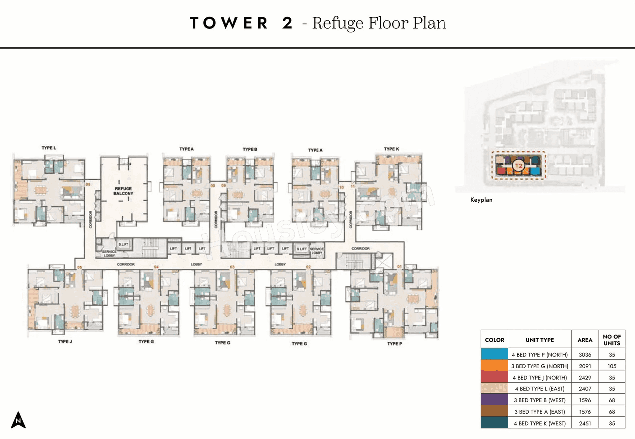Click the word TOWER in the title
(229, 23)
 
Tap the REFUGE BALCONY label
(124, 191)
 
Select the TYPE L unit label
(49, 148)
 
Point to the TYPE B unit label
(250, 149)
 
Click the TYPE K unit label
(391, 149)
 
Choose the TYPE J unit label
(65, 342)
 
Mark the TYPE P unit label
(394, 343)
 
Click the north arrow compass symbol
(18, 420)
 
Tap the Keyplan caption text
(481, 200)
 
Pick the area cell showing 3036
(585, 355)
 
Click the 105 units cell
(612, 366)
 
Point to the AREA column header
(585, 340)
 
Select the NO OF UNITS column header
(612, 340)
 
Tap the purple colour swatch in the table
(494, 400)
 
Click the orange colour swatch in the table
(494, 366)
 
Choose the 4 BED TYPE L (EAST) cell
(540, 389)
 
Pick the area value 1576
(585, 411)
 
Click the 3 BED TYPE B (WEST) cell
(540, 400)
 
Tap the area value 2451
(585, 423)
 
